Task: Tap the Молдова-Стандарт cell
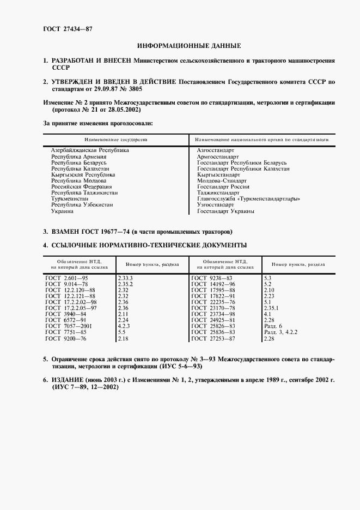pyautogui.click(x=222, y=180)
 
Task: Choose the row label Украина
pyautogui.click(x=62, y=211)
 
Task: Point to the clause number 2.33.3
pyautogui.click(x=125, y=278)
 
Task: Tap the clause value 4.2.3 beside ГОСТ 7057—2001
pyautogui.click(x=124, y=326)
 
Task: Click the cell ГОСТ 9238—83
pyautogui.click(x=214, y=278)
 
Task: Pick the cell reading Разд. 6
pyautogui.click(x=272, y=326)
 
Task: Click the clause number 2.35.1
pyautogui.click(x=272, y=308)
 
